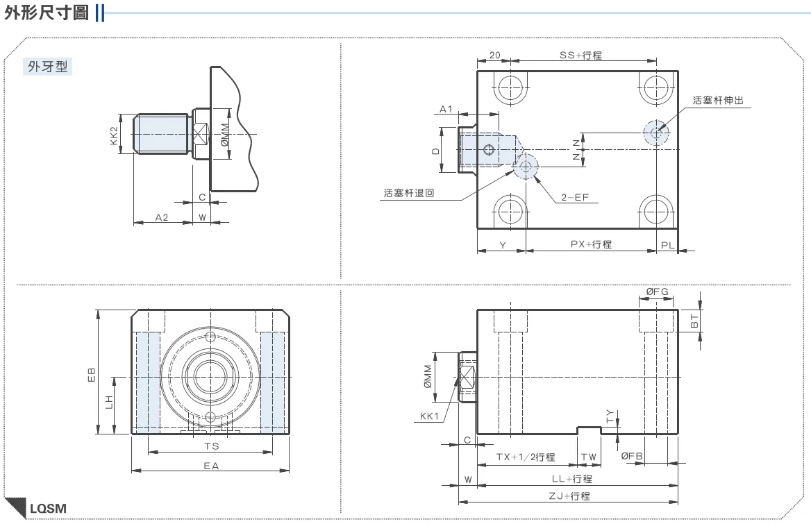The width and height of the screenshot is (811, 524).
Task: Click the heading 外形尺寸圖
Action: (x=47, y=12)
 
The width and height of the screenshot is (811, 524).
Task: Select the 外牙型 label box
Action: (x=48, y=67)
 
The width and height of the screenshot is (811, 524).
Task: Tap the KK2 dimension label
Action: (x=115, y=135)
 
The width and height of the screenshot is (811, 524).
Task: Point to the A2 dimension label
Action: (x=162, y=217)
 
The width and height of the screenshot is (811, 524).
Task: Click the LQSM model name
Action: (x=48, y=509)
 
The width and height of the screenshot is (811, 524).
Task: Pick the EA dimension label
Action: (x=211, y=466)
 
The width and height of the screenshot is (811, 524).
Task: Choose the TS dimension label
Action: (x=212, y=446)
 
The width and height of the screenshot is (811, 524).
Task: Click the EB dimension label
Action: (x=92, y=375)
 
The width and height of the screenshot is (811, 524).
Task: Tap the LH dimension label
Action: (x=109, y=402)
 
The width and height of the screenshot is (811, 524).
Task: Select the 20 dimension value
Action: (x=495, y=55)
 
